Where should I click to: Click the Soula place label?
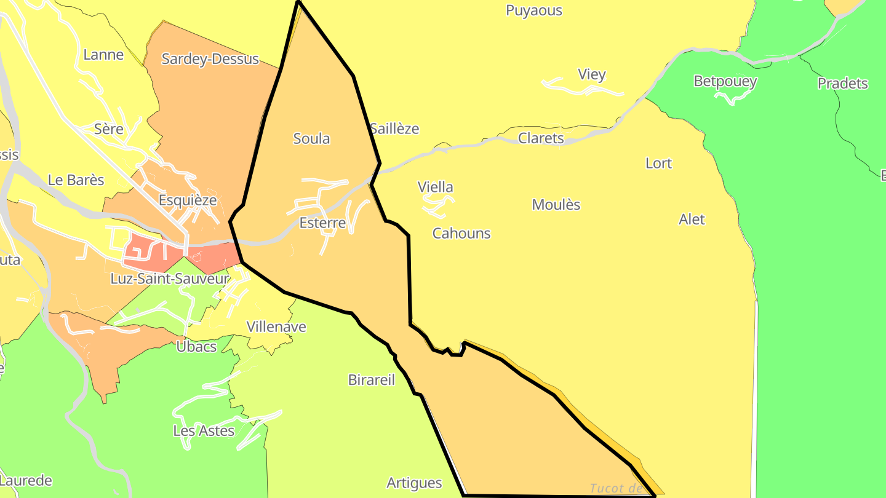[x=311, y=139]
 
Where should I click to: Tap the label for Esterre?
[x=322, y=223]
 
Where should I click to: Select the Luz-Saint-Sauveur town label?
[x=169, y=279]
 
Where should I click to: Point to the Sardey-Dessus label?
[x=210, y=59]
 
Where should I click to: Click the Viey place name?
[x=592, y=74]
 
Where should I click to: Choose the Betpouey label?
[x=725, y=81]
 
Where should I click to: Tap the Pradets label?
[x=842, y=84]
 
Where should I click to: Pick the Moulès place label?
[x=556, y=205]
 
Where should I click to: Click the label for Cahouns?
[x=461, y=234]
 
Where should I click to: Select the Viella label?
[x=435, y=187]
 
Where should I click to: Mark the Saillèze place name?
[x=394, y=129]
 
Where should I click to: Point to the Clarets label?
[x=541, y=138]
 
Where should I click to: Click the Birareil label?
[x=371, y=380]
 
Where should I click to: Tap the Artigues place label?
[x=414, y=483]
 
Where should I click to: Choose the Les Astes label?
[x=204, y=431]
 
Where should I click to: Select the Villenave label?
[x=276, y=327]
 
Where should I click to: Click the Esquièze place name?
[x=188, y=200]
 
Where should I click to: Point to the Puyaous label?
[x=533, y=10]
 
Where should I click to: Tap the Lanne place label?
[x=103, y=55]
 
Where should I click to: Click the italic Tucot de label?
[x=616, y=489]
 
